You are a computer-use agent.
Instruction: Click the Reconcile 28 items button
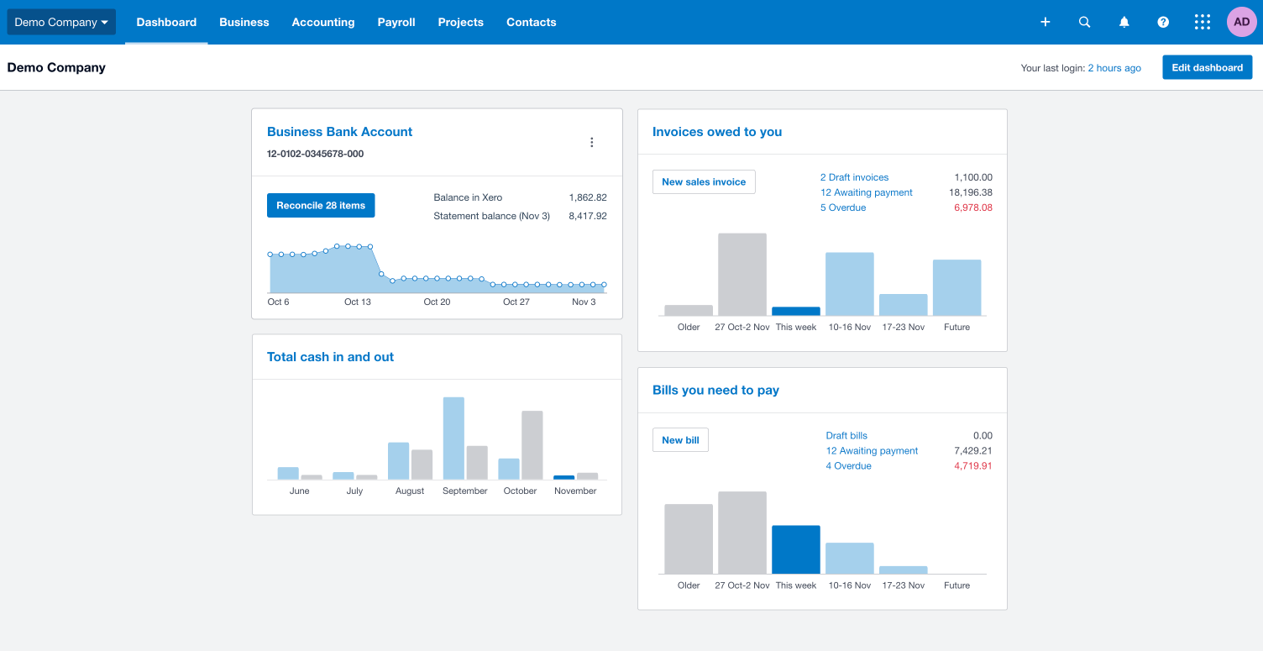click(321, 206)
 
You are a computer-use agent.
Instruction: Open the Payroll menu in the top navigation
click(396, 22)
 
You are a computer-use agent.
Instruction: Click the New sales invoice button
click(704, 182)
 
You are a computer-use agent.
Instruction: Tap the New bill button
click(680, 440)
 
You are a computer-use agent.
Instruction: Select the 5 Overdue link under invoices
click(843, 207)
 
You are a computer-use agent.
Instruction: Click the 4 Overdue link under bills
click(848, 466)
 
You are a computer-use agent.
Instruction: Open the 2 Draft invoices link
click(854, 177)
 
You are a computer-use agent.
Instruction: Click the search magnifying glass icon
click(1084, 22)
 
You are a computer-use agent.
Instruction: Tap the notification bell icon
click(1124, 22)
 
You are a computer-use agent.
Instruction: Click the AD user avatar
click(1241, 22)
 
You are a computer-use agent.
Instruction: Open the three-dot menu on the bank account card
click(591, 143)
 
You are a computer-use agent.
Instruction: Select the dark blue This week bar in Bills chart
click(795, 549)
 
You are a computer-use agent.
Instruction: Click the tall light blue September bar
click(453, 438)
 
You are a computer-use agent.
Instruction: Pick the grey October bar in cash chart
click(532, 445)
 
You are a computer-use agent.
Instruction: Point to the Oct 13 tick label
click(358, 302)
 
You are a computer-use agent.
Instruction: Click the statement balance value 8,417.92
click(587, 216)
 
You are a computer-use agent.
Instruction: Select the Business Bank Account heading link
click(339, 132)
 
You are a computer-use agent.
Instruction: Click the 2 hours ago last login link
click(1114, 68)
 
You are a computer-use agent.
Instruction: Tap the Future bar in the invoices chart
click(956, 287)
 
